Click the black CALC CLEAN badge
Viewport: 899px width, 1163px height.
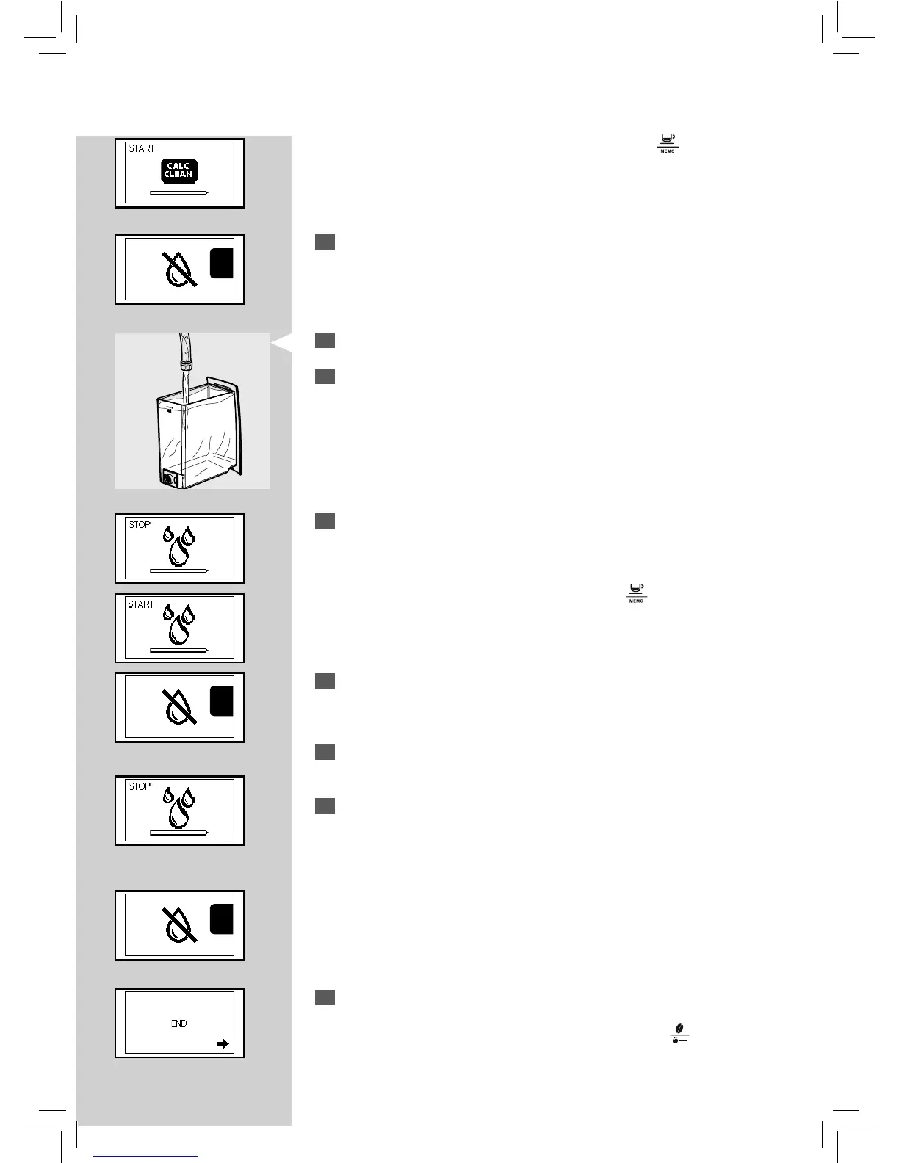point(179,171)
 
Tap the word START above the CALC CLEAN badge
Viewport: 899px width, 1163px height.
point(142,148)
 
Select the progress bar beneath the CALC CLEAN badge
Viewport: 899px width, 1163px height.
point(178,192)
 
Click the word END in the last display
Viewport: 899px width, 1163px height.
point(178,1023)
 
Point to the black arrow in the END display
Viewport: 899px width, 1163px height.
point(223,1044)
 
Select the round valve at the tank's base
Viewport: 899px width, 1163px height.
point(170,479)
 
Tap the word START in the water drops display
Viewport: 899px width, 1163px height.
point(141,604)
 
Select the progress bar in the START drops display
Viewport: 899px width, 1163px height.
point(178,650)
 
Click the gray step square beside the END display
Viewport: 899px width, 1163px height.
point(325,997)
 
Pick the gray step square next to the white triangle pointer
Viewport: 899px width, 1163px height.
point(325,340)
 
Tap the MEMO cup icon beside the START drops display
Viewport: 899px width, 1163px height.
point(636,592)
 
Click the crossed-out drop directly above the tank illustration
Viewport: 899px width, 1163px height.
point(178,268)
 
